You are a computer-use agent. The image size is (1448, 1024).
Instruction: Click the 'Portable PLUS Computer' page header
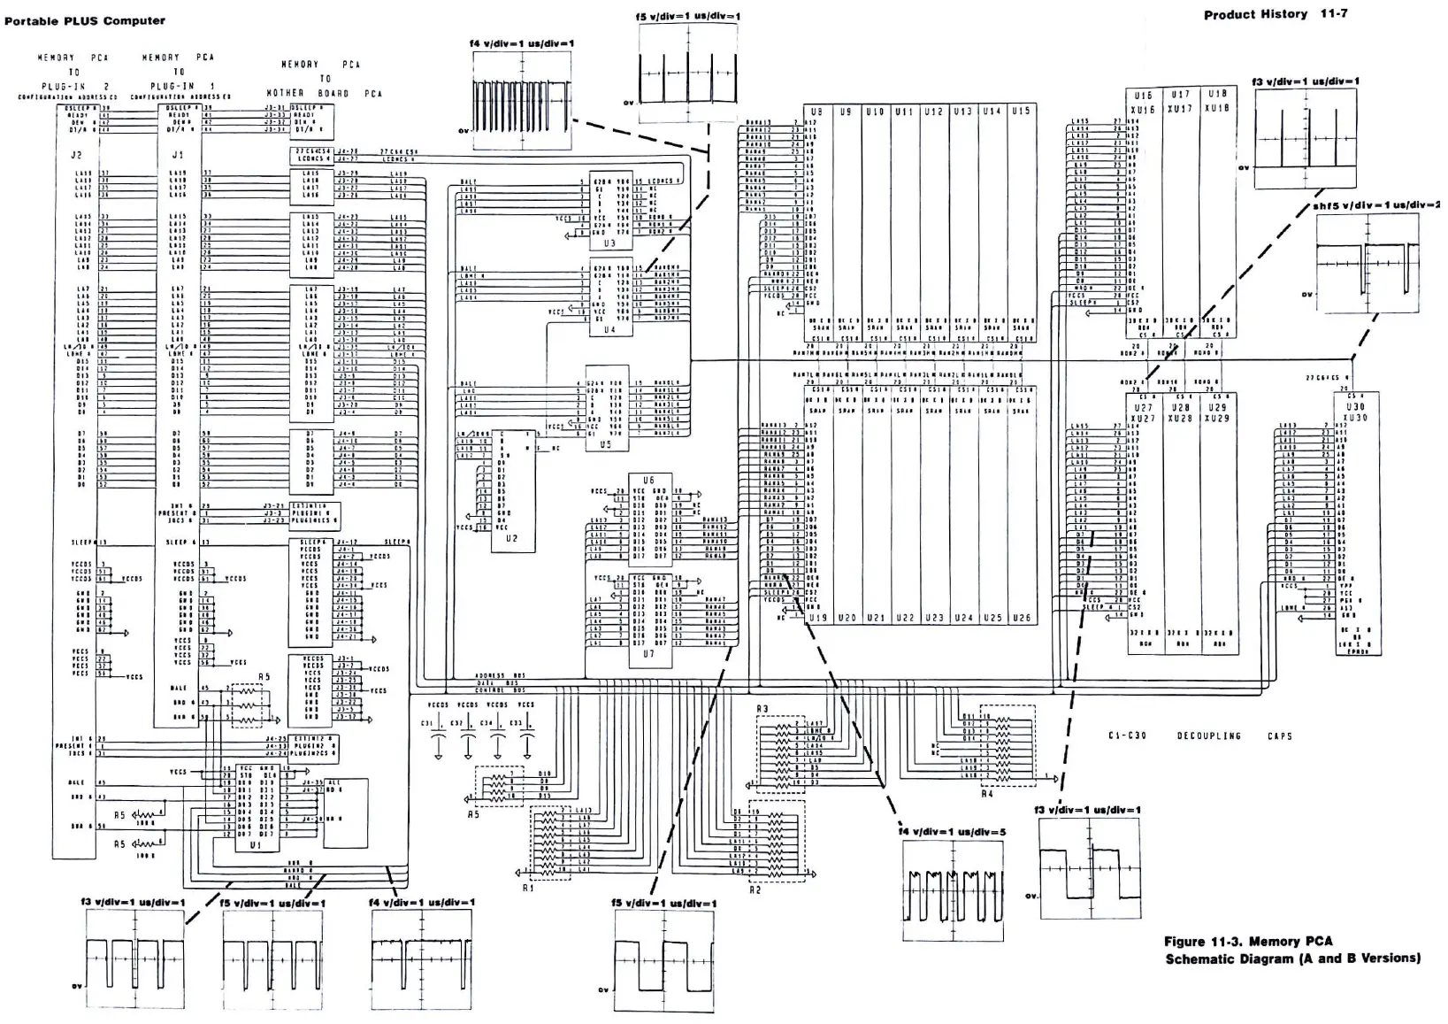tap(85, 21)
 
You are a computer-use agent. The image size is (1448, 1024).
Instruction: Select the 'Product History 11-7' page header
tap(1275, 14)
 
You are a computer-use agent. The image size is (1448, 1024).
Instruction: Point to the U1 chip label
tap(255, 844)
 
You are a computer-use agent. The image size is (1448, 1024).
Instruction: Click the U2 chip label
tap(512, 537)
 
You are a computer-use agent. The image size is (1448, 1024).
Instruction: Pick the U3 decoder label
tap(609, 243)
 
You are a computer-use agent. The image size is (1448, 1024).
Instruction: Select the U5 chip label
tap(605, 444)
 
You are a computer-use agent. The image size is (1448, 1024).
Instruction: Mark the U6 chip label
tap(648, 481)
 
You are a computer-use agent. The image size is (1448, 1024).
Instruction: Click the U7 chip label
tap(648, 654)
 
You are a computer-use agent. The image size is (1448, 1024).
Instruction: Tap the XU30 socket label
tap(1355, 418)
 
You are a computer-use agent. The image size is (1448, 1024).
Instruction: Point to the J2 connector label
tap(76, 156)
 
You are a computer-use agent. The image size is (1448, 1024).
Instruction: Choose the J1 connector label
tap(177, 156)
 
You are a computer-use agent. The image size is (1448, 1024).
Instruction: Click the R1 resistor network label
tap(527, 888)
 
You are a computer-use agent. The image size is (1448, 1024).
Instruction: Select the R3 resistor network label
tap(762, 709)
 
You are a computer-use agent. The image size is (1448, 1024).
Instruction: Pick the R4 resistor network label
tap(987, 794)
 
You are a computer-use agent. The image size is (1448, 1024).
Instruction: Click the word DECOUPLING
tap(1208, 735)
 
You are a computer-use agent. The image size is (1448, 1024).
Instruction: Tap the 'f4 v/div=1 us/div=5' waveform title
tap(951, 832)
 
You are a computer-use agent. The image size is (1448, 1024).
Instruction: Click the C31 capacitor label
tap(427, 723)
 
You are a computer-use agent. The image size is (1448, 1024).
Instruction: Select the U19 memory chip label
tap(817, 618)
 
